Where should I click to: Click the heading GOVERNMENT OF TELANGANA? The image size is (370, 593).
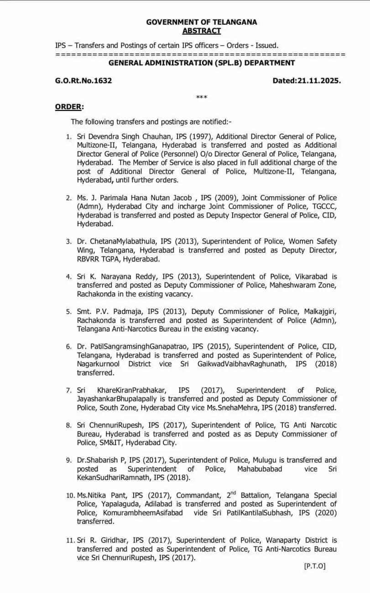[x=201, y=22]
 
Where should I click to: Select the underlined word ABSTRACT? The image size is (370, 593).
[x=201, y=31]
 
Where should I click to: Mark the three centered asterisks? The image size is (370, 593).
[x=201, y=98]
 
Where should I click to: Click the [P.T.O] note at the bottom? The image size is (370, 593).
[x=315, y=566]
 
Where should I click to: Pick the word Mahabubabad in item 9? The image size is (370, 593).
[x=260, y=469]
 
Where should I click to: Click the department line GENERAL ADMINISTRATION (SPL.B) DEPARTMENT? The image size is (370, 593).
[x=201, y=63]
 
